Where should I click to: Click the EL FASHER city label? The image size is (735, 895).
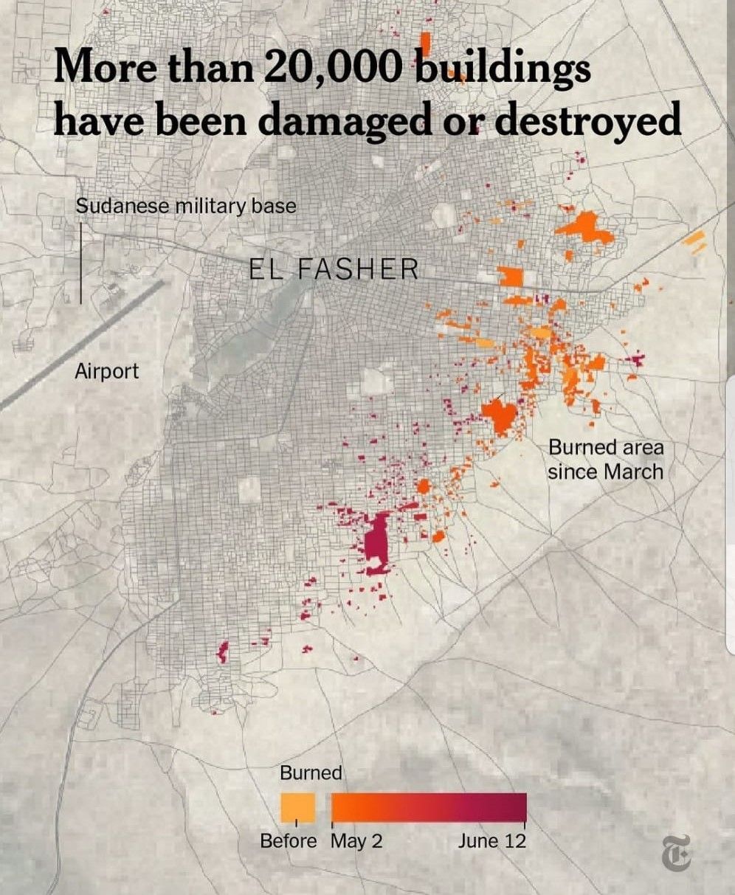[333, 269]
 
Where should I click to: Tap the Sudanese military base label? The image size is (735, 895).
[186, 206]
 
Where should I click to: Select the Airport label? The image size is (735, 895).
[106, 370]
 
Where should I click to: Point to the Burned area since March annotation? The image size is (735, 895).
[605, 459]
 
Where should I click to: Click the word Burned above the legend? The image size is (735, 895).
[311, 773]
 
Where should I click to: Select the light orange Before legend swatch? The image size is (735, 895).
[297, 807]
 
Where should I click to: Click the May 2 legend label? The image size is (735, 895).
[356, 841]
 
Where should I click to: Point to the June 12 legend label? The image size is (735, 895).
[491, 841]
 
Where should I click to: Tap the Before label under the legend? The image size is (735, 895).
[288, 841]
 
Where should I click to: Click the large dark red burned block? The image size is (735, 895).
[377, 542]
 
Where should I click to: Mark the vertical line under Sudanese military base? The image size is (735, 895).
[81, 262]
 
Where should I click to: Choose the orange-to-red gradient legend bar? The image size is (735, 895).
[429, 807]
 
